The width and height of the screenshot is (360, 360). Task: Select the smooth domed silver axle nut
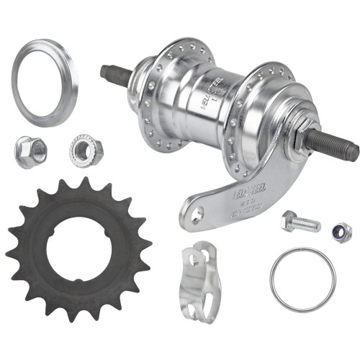coord(30,151)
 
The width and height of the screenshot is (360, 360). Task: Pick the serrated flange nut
coord(86,150)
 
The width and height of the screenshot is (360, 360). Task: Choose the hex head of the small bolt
coord(290,220)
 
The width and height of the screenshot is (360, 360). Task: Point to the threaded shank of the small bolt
coord(308,225)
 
